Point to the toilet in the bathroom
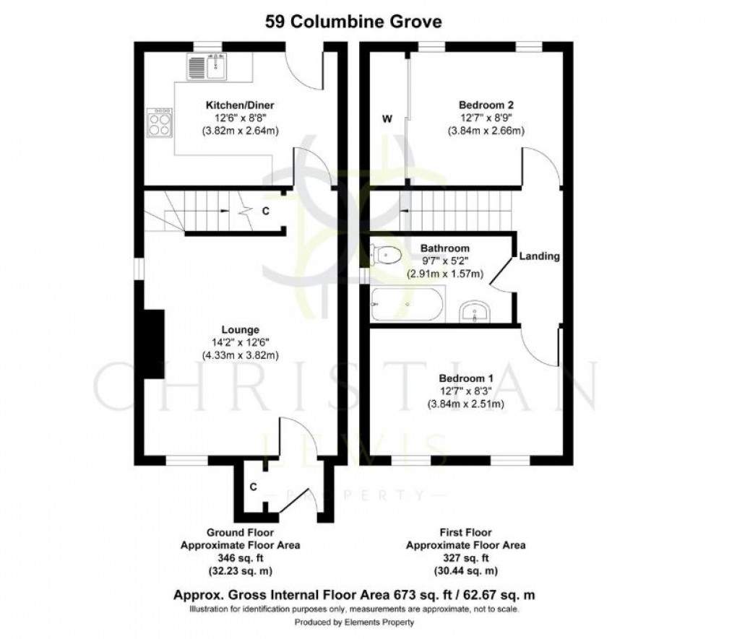point(386,254)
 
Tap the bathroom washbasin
point(475,311)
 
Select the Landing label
point(540,256)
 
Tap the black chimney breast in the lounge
point(152,344)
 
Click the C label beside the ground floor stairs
point(266,212)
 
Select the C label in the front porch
point(254,487)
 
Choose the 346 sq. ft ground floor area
point(241,558)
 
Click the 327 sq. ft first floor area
point(466,557)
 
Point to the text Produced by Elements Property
point(353,622)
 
